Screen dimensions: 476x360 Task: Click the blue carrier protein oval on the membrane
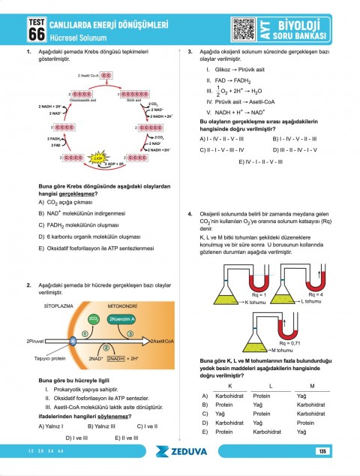[73, 342]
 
